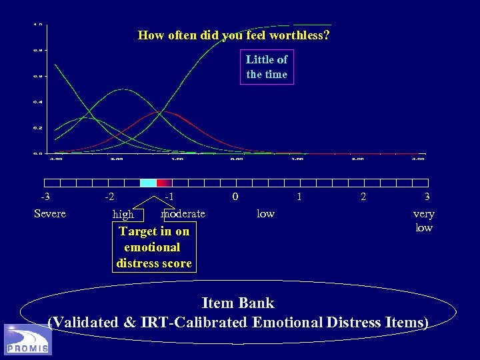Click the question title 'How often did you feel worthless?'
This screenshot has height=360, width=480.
coord(233,35)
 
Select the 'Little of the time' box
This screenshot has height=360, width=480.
coord(266,67)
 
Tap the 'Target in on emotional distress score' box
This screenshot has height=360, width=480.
coord(154,247)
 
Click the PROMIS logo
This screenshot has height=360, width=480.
coord(27,339)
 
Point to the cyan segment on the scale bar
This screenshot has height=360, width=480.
coord(148,183)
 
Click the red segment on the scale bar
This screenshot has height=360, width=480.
coord(164,183)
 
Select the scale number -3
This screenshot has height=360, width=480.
coord(45,197)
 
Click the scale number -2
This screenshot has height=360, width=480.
coord(109,197)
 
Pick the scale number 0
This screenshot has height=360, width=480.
coord(234,197)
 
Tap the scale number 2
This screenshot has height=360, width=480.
coord(363,197)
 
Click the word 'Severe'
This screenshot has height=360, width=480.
coord(50,213)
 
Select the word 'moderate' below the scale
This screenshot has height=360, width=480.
coord(183,213)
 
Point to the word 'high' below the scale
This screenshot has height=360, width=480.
coord(123,215)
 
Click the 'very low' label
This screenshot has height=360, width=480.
coord(424,221)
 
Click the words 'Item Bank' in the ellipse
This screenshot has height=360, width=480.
coord(238,303)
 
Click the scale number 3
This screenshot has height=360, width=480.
coord(427,197)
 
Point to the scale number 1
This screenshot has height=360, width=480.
coord(299,197)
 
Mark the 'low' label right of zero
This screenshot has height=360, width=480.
coord(266,213)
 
